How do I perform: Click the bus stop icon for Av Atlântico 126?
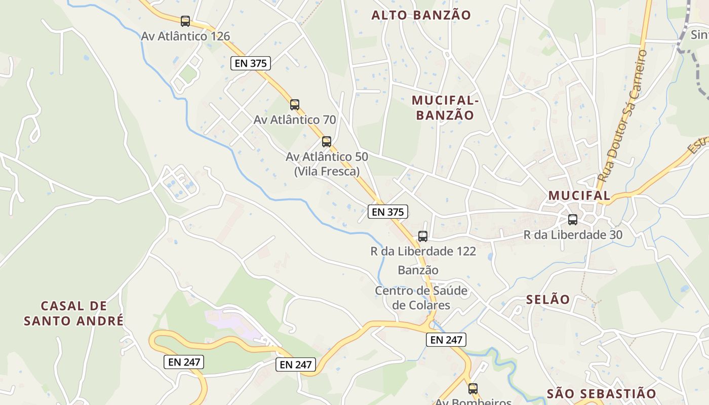[185, 21]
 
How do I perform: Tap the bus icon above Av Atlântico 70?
[295, 105]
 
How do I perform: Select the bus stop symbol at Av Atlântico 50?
[327, 142]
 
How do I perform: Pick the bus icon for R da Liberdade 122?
[422, 236]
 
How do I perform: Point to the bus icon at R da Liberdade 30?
[573, 220]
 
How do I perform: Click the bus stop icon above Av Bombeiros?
[472, 389]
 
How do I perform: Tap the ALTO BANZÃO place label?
[421, 15]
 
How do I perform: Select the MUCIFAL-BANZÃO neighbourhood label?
[445, 108]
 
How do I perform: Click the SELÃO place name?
[548, 299]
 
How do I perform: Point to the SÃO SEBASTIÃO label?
[601, 394]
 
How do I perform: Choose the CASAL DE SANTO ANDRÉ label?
[74, 313]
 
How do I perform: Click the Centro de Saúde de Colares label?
[421, 298]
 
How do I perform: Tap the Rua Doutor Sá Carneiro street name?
[622, 116]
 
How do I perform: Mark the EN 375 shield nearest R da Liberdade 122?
[388, 212]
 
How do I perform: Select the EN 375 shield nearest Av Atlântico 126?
[251, 63]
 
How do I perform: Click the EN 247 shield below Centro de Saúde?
[446, 340]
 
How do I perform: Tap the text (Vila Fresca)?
[327, 171]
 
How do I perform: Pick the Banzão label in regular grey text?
[418, 270]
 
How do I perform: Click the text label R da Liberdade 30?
[573, 235]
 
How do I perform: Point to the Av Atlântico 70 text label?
[295, 120]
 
